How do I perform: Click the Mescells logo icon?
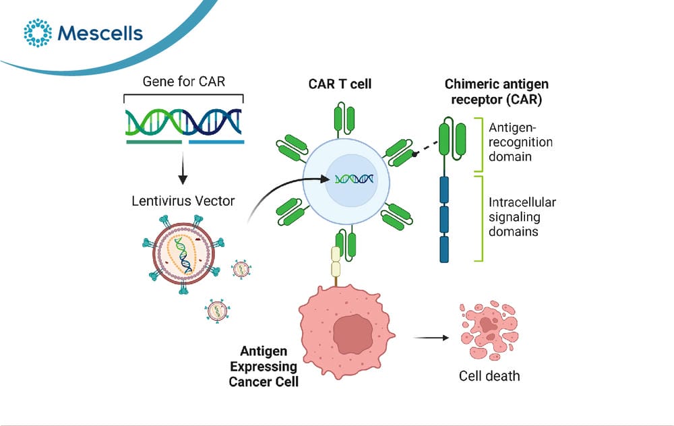38,32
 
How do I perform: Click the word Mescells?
100,33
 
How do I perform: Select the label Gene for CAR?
183,82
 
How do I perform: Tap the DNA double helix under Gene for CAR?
183,121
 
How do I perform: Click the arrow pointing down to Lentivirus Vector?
183,168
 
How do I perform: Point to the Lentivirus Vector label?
183,201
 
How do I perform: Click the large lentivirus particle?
184,254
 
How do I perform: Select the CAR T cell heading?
340,84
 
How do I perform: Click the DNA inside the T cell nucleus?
355,179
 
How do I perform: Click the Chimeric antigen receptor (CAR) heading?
497,92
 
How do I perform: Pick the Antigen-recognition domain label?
520,142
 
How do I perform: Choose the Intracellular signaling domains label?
522,216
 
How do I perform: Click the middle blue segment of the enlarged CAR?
444,219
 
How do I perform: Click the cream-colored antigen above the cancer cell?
336,262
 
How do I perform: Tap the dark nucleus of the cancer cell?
353,334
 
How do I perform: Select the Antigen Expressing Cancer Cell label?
264,366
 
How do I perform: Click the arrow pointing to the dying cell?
431,338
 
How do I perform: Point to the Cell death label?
489,376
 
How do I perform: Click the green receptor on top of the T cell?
344,118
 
